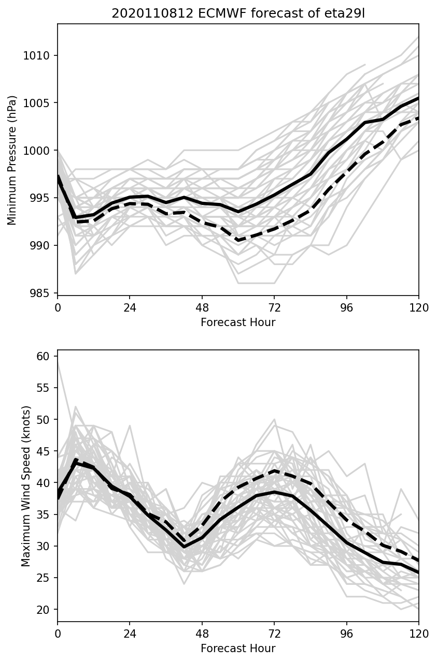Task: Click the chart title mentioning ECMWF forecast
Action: (238, 13)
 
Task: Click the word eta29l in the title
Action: (348, 13)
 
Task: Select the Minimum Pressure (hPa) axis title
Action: (12, 160)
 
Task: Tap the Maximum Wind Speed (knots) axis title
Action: (26, 486)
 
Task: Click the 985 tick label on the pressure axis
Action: (40, 293)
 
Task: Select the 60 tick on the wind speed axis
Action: (43, 356)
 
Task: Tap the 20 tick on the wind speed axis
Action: (43, 609)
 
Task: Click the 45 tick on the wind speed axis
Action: (43, 451)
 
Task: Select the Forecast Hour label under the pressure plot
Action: (238, 322)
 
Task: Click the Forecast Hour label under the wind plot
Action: (238, 649)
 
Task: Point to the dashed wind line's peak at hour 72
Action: (274, 470)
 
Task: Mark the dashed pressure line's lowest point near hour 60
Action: (238, 240)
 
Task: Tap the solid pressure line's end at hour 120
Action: (418, 98)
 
